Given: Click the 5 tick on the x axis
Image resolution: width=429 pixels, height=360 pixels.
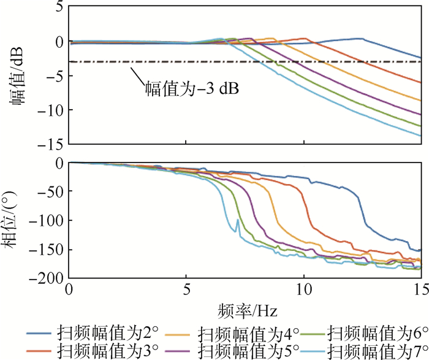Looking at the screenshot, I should click(x=187, y=289).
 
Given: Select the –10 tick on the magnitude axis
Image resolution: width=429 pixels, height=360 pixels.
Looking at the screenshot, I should click(x=53, y=110).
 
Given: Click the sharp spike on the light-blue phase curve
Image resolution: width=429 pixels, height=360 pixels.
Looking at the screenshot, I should click(x=237, y=220).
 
